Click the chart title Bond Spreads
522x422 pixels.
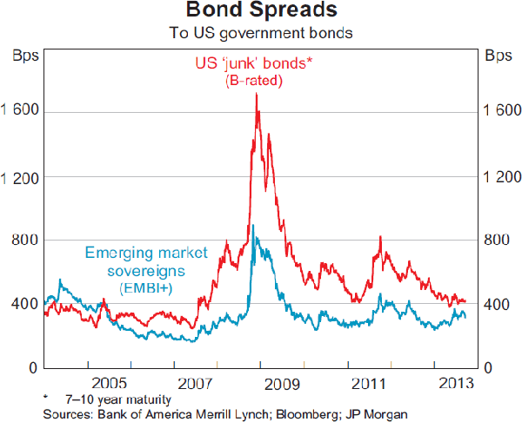[260, 12]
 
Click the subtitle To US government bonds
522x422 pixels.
[261, 34]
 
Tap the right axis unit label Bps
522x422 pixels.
[498, 57]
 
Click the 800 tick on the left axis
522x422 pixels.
[24, 241]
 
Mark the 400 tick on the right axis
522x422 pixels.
[496, 305]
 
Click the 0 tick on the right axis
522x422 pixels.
[490, 368]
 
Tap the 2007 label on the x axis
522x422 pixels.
[196, 383]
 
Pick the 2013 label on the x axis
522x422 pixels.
[455, 383]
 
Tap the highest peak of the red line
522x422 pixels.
[256, 94]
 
